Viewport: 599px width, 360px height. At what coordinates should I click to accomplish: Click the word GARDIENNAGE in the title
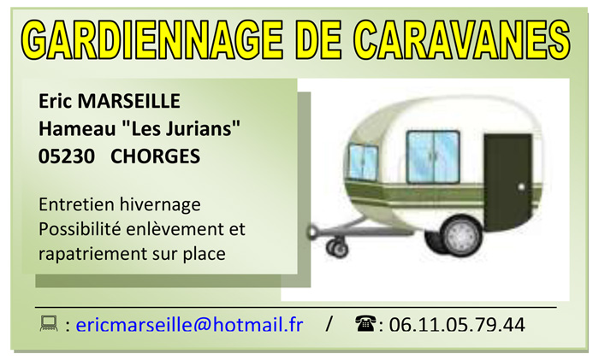tap(152, 39)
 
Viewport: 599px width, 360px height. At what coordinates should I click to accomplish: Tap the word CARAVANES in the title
tap(461, 39)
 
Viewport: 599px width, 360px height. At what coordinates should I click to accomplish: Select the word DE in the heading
tap(318, 39)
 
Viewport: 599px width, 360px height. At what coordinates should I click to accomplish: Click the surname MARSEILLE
tap(128, 101)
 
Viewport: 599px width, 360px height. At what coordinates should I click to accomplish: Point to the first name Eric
tap(56, 101)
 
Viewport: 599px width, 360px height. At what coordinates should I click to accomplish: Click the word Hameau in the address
tap(77, 128)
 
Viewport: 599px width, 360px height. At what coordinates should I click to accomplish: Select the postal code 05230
tap(67, 156)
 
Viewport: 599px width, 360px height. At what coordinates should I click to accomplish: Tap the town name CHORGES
tap(155, 156)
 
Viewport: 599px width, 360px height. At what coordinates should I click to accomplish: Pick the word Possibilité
tap(80, 229)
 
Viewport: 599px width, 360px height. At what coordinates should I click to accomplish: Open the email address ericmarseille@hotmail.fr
tap(189, 325)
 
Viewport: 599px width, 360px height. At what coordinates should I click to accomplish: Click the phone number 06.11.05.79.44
tap(457, 325)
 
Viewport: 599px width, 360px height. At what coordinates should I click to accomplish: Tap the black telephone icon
tap(365, 323)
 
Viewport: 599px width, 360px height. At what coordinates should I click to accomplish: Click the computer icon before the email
tap(49, 324)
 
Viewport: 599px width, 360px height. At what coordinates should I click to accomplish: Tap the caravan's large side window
tap(433, 156)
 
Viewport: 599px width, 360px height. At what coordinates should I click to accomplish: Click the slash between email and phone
tap(329, 324)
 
